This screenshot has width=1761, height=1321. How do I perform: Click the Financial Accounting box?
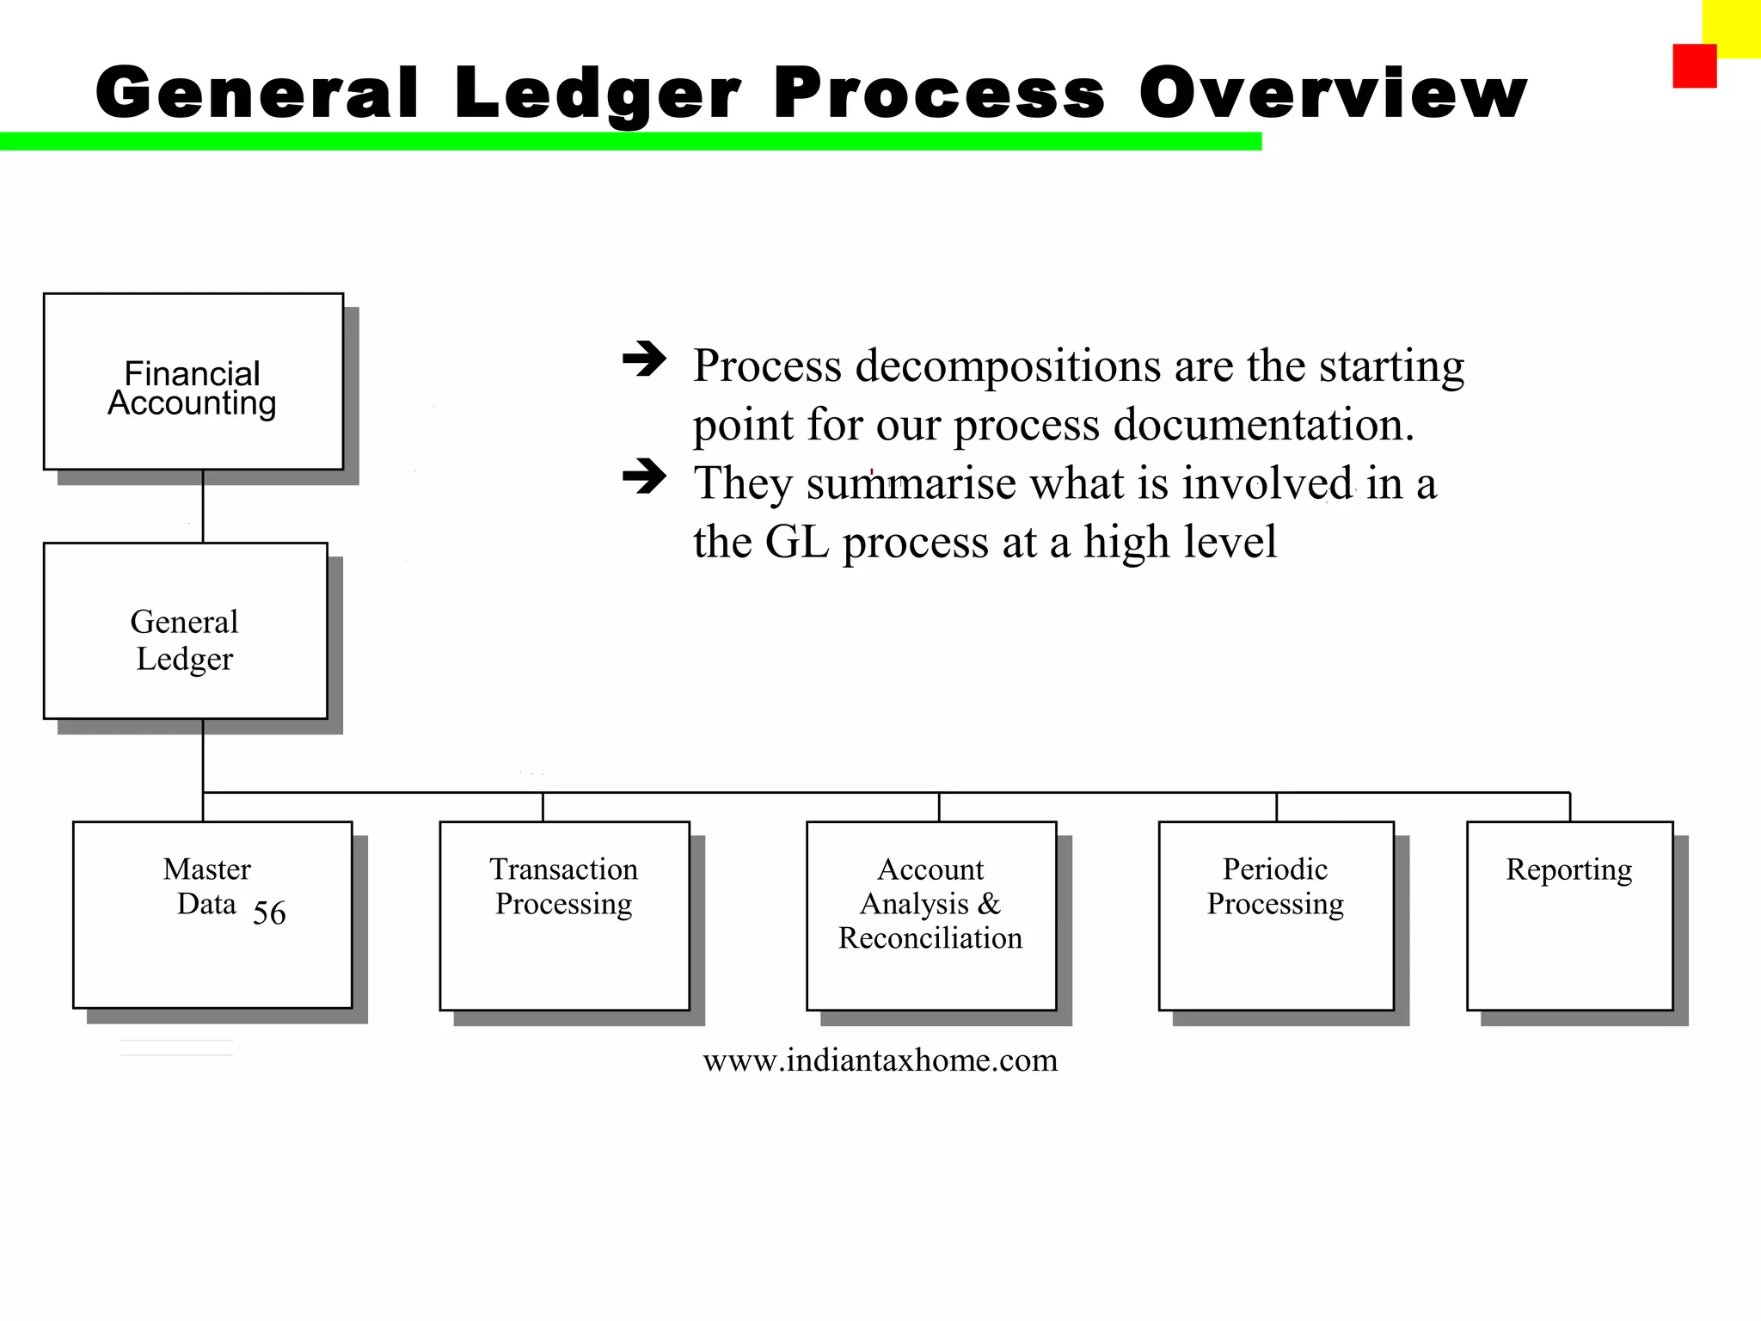tap(193, 382)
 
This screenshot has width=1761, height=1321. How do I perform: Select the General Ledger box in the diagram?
tap(185, 630)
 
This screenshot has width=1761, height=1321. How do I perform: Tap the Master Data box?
tap(212, 914)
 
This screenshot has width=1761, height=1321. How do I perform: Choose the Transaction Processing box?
tap(564, 915)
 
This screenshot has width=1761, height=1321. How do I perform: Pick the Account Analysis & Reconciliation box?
tap(930, 915)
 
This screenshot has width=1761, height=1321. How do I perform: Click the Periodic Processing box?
tap(1275, 915)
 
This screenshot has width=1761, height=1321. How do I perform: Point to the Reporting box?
tap(1569, 915)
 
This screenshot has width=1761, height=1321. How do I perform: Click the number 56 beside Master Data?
tap(269, 912)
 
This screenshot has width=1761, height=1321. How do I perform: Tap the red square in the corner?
tap(1694, 66)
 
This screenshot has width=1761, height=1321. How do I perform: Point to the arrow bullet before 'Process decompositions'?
tap(644, 359)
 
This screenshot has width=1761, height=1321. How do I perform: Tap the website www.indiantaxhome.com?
tap(880, 1060)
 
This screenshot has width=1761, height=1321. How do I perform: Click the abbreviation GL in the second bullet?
tap(796, 542)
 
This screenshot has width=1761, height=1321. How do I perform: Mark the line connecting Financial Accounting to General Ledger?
tap(203, 506)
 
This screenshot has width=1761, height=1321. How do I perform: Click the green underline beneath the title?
tap(630, 141)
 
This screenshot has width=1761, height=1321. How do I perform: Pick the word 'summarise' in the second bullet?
tap(911, 483)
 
